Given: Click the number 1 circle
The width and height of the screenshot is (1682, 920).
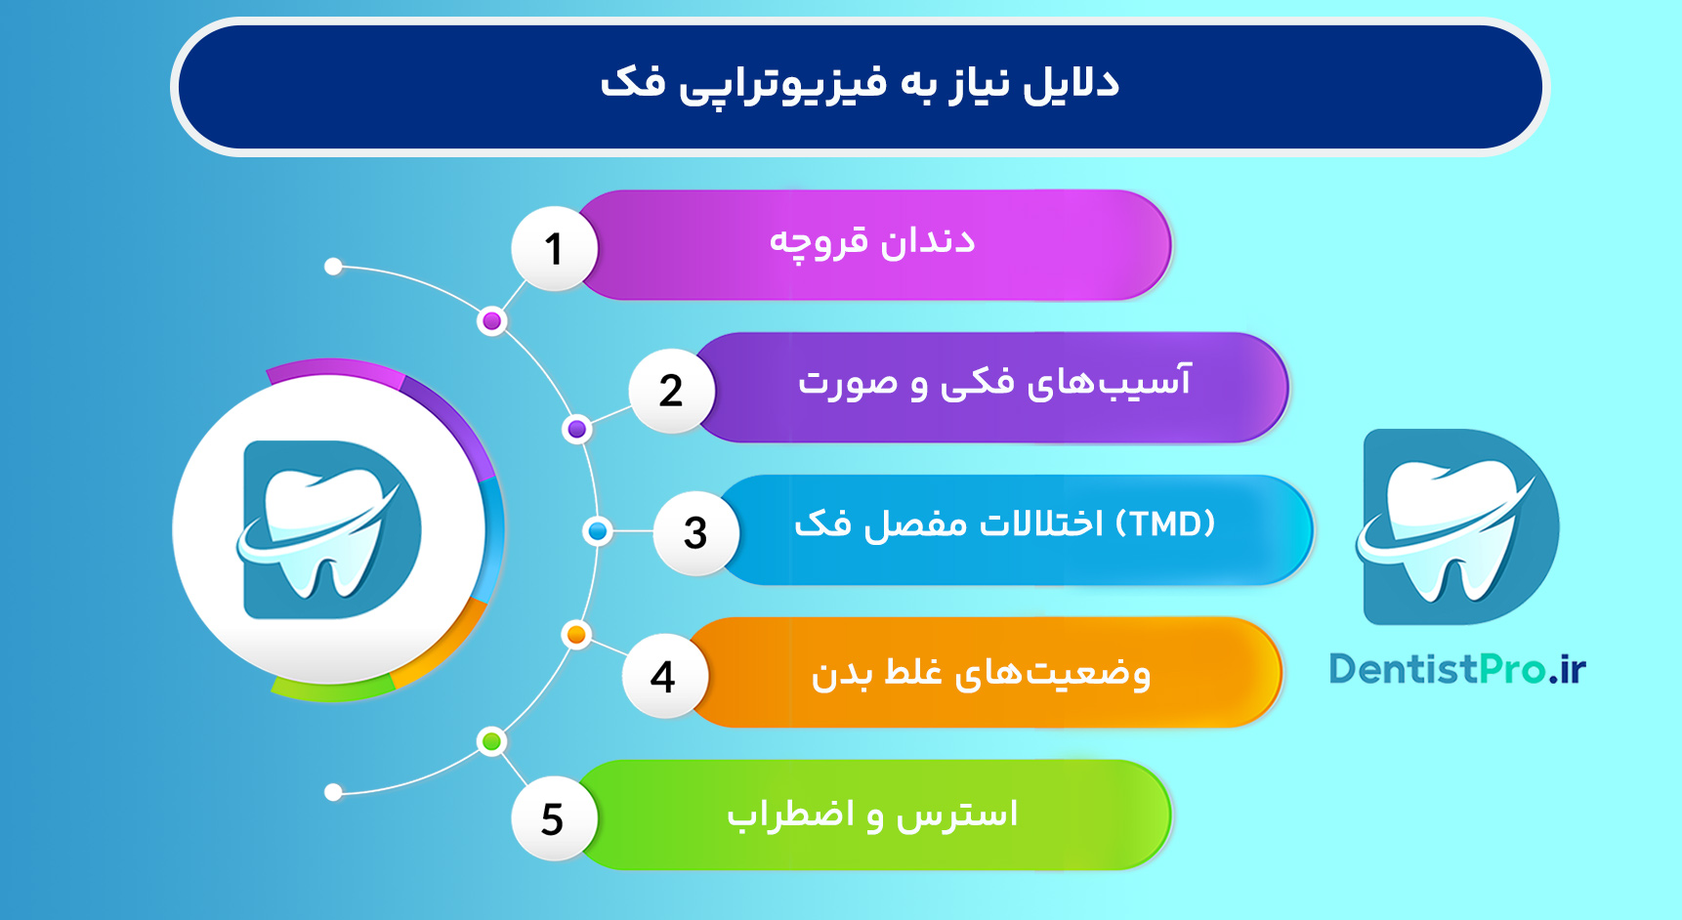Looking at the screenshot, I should pos(554,248).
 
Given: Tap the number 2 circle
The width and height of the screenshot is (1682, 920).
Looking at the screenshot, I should pos(671,391).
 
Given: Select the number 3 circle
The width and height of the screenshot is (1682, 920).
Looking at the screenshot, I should pos(694,533).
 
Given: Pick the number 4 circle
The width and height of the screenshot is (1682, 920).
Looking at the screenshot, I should pos(663,676).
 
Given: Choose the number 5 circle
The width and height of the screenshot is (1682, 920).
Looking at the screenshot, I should pos(553,818).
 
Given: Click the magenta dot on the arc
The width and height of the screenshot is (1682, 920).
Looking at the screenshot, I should pos(492,321).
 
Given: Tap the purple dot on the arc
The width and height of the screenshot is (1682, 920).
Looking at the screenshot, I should pos(577,429).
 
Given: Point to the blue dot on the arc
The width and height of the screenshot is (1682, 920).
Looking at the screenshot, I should pos(597,531).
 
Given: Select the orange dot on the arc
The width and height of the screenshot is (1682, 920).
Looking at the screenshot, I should pos(576,635).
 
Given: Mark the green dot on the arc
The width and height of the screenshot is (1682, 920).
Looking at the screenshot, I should pos(492,741).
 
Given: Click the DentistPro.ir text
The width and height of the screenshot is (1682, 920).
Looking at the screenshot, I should pos(1457,670).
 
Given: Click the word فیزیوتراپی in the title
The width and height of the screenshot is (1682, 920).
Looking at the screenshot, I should pos(782,84).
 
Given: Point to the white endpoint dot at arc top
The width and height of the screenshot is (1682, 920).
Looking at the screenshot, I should pos(333,267).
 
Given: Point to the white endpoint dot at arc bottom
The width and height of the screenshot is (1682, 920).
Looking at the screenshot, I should pos(333,792).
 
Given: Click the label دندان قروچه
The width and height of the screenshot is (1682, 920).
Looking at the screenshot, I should pos(872,242).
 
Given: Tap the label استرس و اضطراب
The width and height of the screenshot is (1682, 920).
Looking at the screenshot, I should pos(872,815).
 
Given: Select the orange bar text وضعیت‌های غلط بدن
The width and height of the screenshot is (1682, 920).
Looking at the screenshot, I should pos(981,674).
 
